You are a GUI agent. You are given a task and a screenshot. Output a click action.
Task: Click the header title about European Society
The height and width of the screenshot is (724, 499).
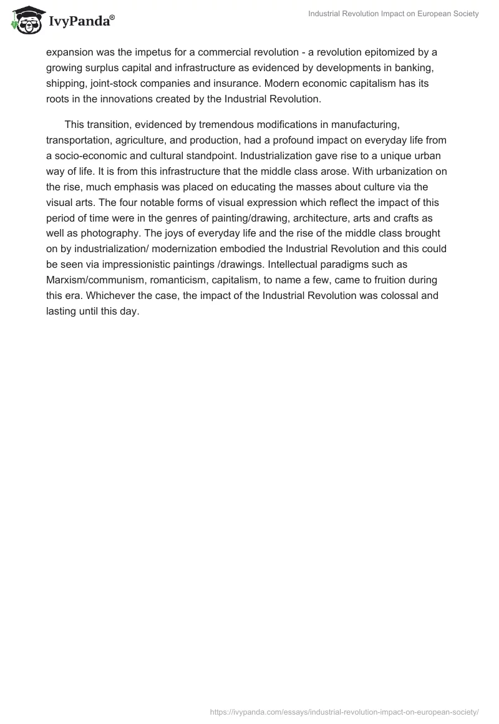pyautogui.click(x=394, y=14)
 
